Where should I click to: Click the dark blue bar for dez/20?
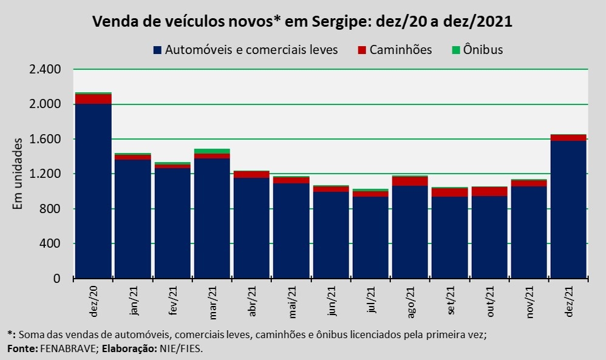point(93,191)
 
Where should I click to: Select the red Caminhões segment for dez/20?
point(93,99)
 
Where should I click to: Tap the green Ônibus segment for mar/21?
point(212,151)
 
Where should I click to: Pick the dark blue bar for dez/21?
point(568,209)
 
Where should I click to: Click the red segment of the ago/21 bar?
point(410,181)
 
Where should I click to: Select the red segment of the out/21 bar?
point(489,191)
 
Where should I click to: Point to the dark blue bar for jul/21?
point(370,237)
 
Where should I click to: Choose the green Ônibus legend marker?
point(457,50)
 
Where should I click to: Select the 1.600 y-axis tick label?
point(45,139)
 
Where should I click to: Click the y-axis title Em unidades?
point(18,174)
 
